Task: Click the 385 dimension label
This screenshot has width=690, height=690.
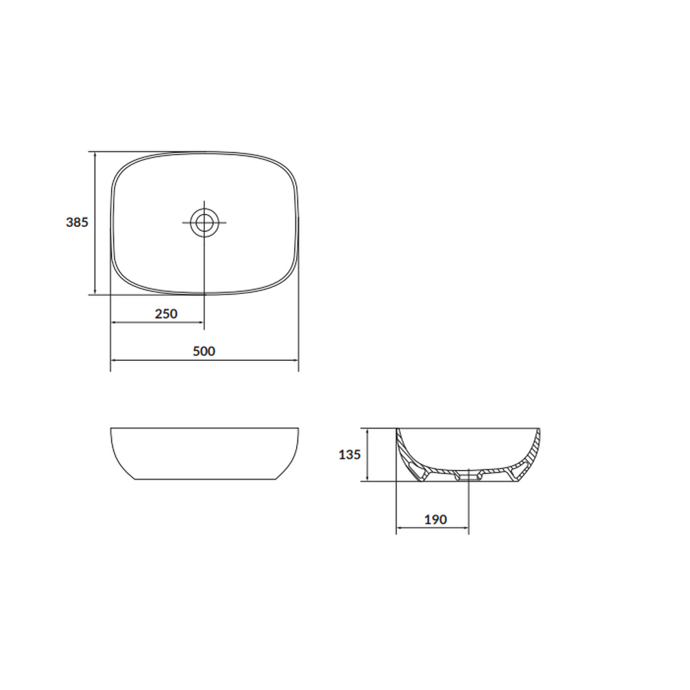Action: [x=77, y=222]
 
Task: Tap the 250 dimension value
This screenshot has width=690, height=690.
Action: [x=166, y=314]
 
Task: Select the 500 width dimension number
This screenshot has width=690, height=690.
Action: [x=204, y=351]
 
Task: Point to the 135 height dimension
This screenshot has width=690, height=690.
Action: [x=349, y=455]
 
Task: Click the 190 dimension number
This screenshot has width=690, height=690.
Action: [x=435, y=520]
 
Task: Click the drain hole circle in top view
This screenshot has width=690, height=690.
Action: [x=204, y=222]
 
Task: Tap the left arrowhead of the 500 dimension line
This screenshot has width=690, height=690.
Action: [x=113, y=360]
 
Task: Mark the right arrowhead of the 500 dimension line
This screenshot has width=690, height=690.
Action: [x=296, y=360]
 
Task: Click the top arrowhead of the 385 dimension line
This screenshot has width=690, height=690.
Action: [x=95, y=155]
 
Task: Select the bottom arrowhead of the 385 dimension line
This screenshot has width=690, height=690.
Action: [x=95, y=292]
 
